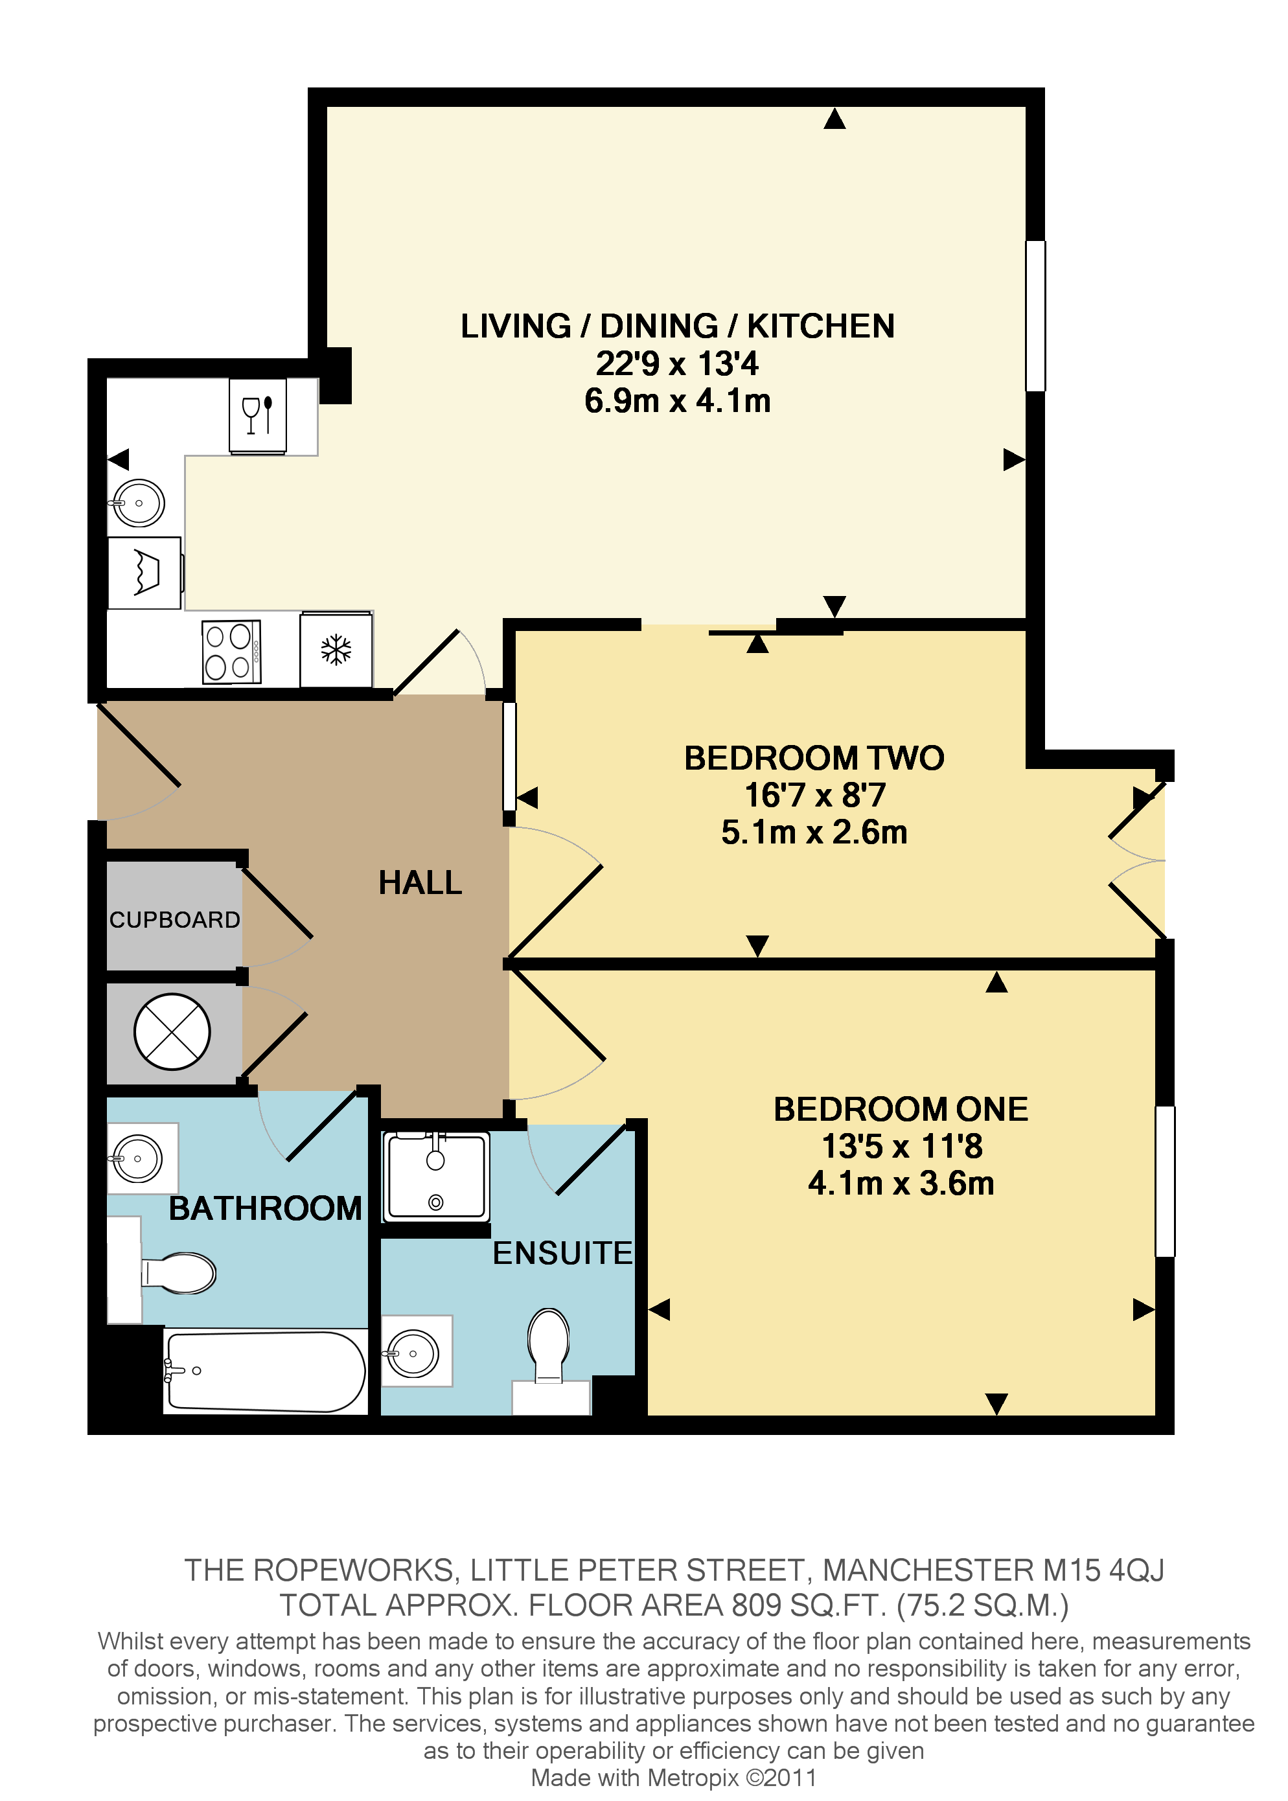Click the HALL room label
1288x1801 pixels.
pyautogui.click(x=420, y=882)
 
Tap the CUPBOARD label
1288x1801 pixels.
pyautogui.click(x=174, y=919)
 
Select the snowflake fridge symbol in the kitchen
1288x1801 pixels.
pyautogui.click(x=336, y=650)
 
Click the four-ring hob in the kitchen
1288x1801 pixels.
pyautogui.click(x=231, y=651)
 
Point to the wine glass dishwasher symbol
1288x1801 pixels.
pyautogui.click(x=258, y=415)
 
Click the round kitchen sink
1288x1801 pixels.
pyautogui.click(x=139, y=503)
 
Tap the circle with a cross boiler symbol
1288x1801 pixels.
pyautogui.click(x=172, y=1032)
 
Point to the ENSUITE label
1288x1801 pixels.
pyautogui.click(x=562, y=1253)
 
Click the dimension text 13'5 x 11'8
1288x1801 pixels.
pyautogui.click(x=902, y=1146)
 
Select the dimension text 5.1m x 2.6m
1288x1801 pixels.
pyautogui.click(x=814, y=832)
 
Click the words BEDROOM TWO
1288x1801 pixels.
pyautogui.click(x=814, y=758)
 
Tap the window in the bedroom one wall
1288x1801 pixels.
pyautogui.click(x=1164, y=1181)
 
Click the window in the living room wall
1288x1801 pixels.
pyautogui.click(x=1035, y=315)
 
